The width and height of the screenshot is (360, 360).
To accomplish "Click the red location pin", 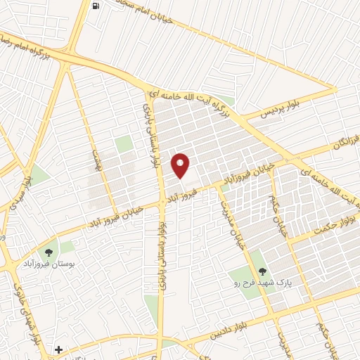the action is click(x=181, y=165).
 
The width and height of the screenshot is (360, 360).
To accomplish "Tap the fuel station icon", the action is click(x=96, y=6).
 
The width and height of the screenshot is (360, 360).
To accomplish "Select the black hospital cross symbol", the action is click(x=59, y=349).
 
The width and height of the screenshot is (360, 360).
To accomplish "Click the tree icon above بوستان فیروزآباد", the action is click(x=49, y=251).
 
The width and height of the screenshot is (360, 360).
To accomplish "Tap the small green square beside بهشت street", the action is click(x=124, y=144).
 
